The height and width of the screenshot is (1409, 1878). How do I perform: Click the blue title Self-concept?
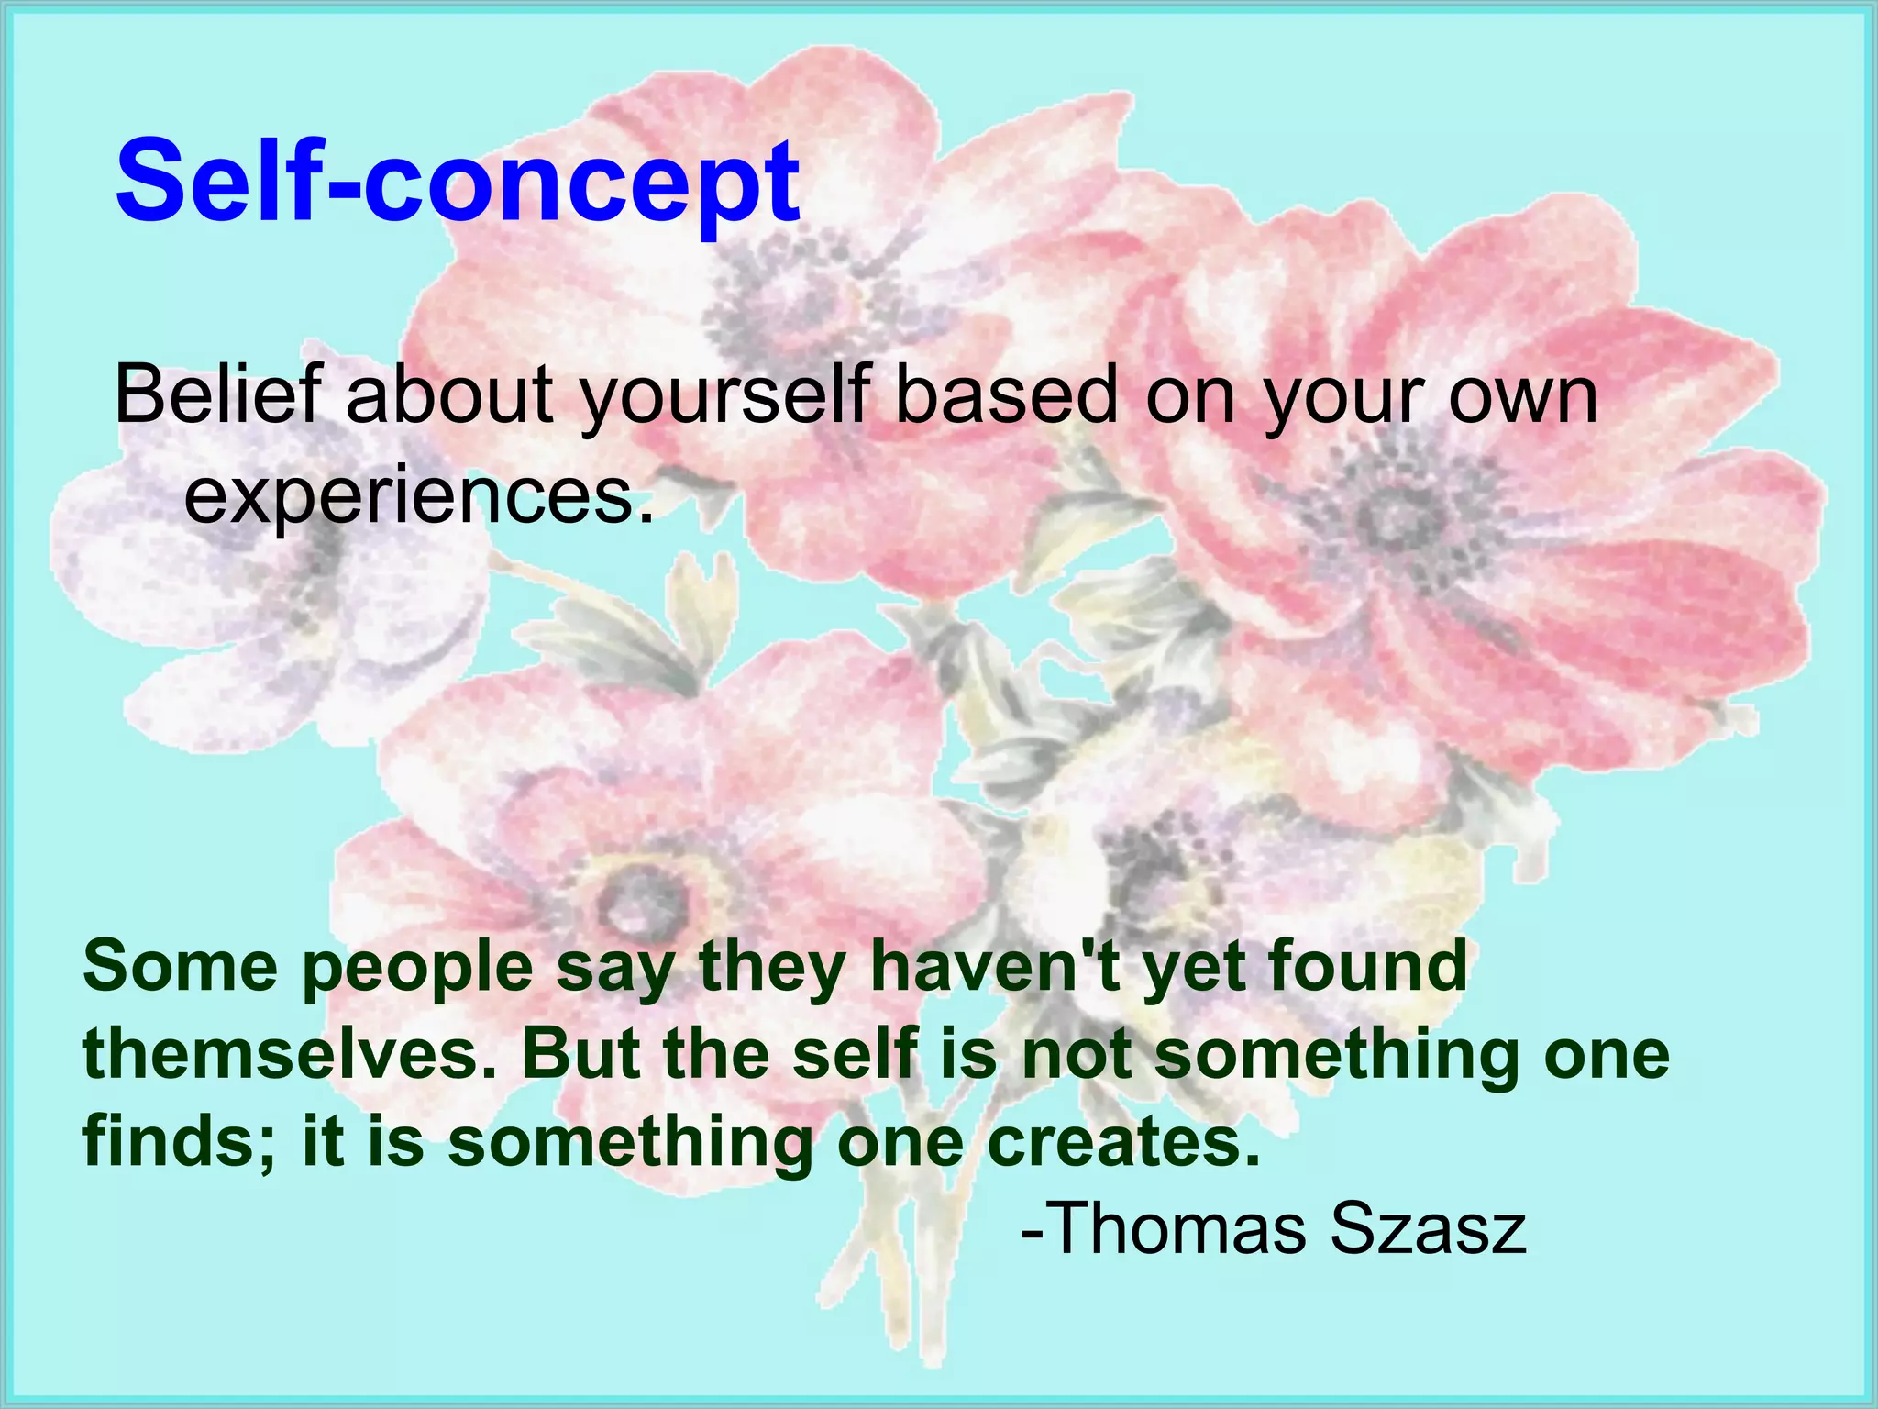click(457, 181)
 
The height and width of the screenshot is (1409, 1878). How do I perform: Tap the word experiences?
click(418, 497)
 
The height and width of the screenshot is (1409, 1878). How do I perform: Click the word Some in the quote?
click(180, 967)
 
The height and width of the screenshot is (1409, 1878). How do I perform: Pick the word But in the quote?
click(582, 1054)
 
